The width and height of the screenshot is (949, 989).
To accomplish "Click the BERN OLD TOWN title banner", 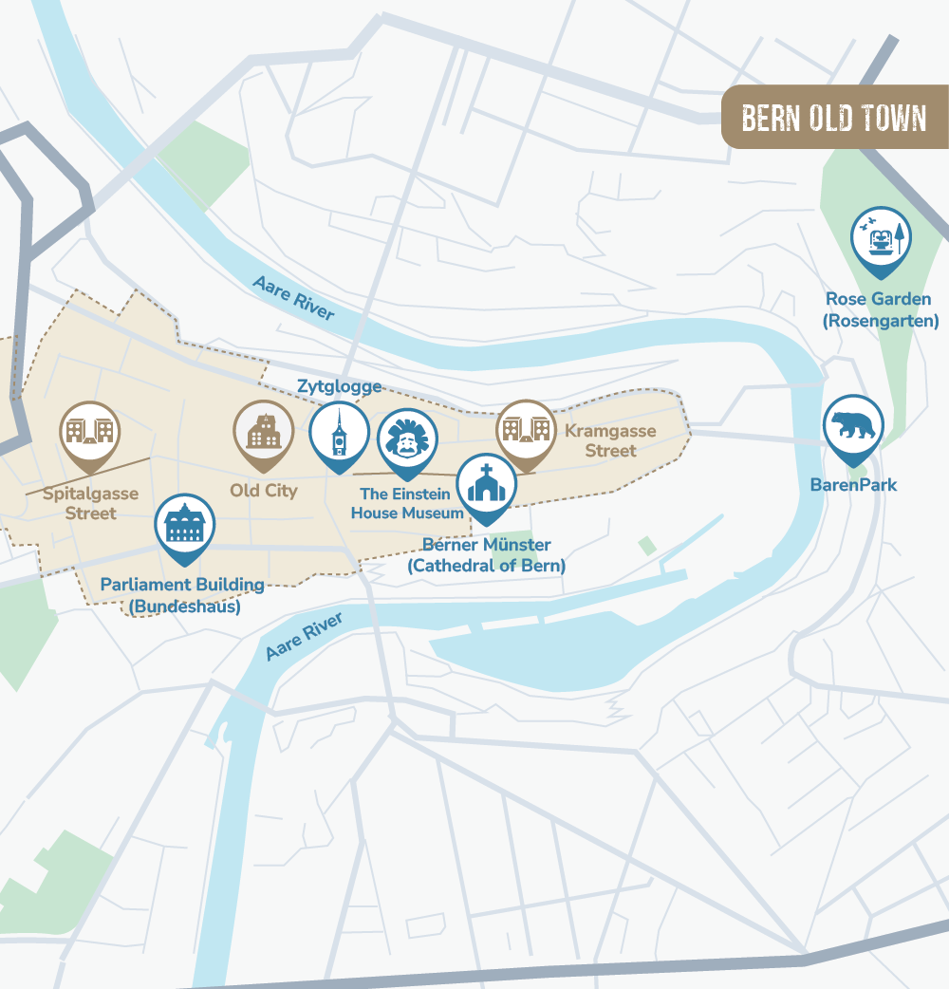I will coord(834,118).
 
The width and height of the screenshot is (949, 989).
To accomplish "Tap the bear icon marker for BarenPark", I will coord(853,426).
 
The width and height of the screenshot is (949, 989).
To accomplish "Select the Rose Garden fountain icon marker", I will coord(880,238).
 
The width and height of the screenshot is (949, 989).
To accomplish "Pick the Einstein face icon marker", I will coord(407,440).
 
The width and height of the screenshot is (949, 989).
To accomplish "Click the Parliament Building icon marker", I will coord(185,525).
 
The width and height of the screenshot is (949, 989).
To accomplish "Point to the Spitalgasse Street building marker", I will coord(90,432).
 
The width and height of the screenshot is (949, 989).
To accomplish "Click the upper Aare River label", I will coord(293,297).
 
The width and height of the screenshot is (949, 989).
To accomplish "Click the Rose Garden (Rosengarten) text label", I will coord(879,310).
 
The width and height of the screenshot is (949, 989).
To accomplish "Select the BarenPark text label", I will coord(853,485).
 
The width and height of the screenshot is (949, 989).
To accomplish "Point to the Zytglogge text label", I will coord(339,386).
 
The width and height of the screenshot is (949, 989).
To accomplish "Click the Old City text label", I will coord(263,491).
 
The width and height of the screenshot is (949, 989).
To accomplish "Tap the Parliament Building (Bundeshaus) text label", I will coord(183,594).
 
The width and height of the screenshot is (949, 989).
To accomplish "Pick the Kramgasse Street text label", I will coord(610,440).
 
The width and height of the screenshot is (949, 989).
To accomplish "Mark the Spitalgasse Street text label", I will coord(91,503).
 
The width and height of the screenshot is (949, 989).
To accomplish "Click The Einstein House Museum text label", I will coord(406,503).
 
